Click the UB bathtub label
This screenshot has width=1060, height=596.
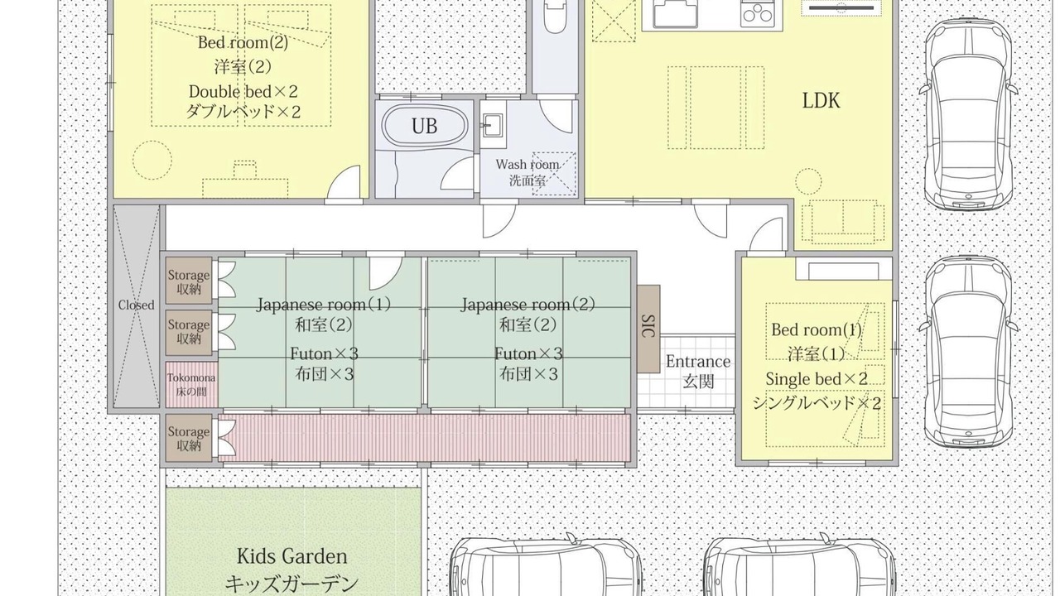click(x=424, y=127)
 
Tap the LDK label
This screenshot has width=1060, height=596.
click(x=821, y=101)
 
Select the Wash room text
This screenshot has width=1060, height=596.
click(x=528, y=165)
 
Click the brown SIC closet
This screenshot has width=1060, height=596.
click(x=648, y=329)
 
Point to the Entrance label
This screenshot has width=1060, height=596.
click(x=698, y=362)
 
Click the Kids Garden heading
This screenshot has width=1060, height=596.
click(x=292, y=556)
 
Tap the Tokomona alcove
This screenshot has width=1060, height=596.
click(x=191, y=384)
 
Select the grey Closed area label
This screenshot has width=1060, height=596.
click(x=137, y=305)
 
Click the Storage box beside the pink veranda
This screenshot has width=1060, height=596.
click(x=188, y=439)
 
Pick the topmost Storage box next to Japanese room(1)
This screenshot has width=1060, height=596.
click(x=188, y=281)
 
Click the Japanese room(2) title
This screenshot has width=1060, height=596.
click(x=528, y=304)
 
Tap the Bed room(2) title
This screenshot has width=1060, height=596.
click(x=243, y=42)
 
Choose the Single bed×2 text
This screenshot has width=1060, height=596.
click(x=817, y=379)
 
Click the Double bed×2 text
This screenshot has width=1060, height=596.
click(x=243, y=91)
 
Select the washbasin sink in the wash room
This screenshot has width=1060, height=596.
click(x=493, y=125)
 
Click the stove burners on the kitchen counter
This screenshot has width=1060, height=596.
click(x=757, y=12)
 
